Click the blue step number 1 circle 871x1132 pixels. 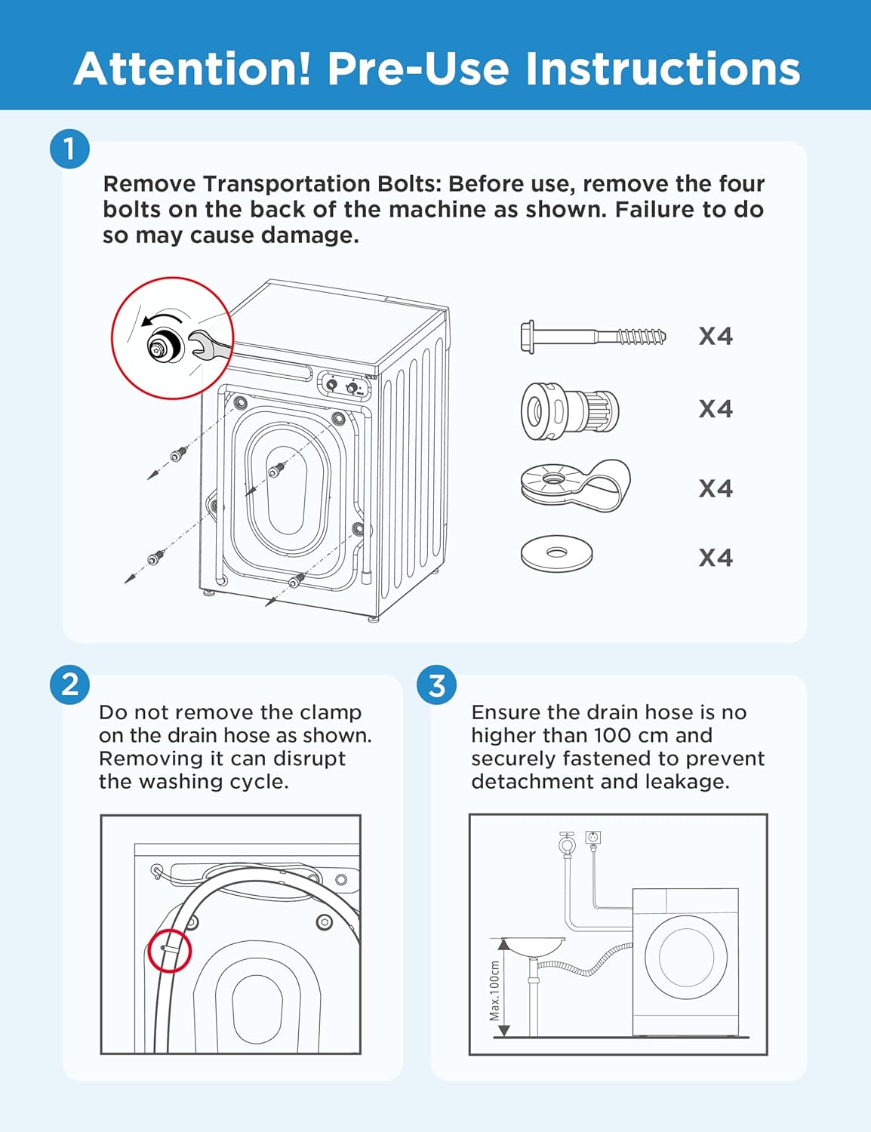point(69,149)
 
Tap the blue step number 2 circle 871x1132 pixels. point(69,684)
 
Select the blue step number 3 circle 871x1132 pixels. point(437,684)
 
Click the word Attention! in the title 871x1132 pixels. point(192,69)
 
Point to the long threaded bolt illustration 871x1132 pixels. point(592,336)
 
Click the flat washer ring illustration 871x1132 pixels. point(556,554)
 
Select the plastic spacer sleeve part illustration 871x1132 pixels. point(570,411)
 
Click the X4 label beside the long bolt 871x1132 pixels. point(716,336)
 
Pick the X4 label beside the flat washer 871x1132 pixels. point(716,558)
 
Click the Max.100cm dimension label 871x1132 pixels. point(494,990)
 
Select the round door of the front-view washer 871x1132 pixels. point(686,957)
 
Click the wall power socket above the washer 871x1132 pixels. point(593,838)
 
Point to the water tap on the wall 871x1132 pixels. point(566,842)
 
